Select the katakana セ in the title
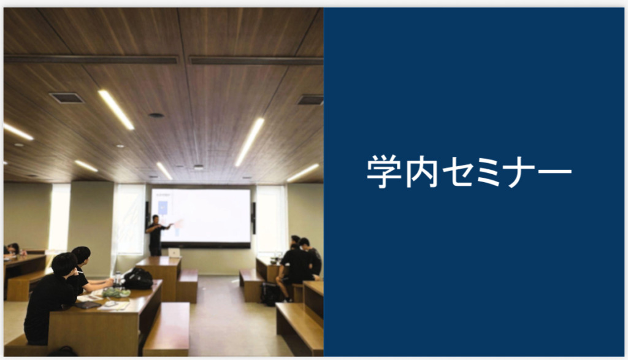458,172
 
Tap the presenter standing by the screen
156,235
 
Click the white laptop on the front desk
174,253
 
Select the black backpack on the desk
138,278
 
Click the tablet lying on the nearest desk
88,305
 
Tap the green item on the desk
116,293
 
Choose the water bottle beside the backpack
117,278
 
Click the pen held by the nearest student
79,272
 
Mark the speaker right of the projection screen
253,218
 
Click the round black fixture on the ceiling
156,115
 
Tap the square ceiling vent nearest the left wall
66,98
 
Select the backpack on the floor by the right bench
270,294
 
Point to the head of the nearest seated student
64,264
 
